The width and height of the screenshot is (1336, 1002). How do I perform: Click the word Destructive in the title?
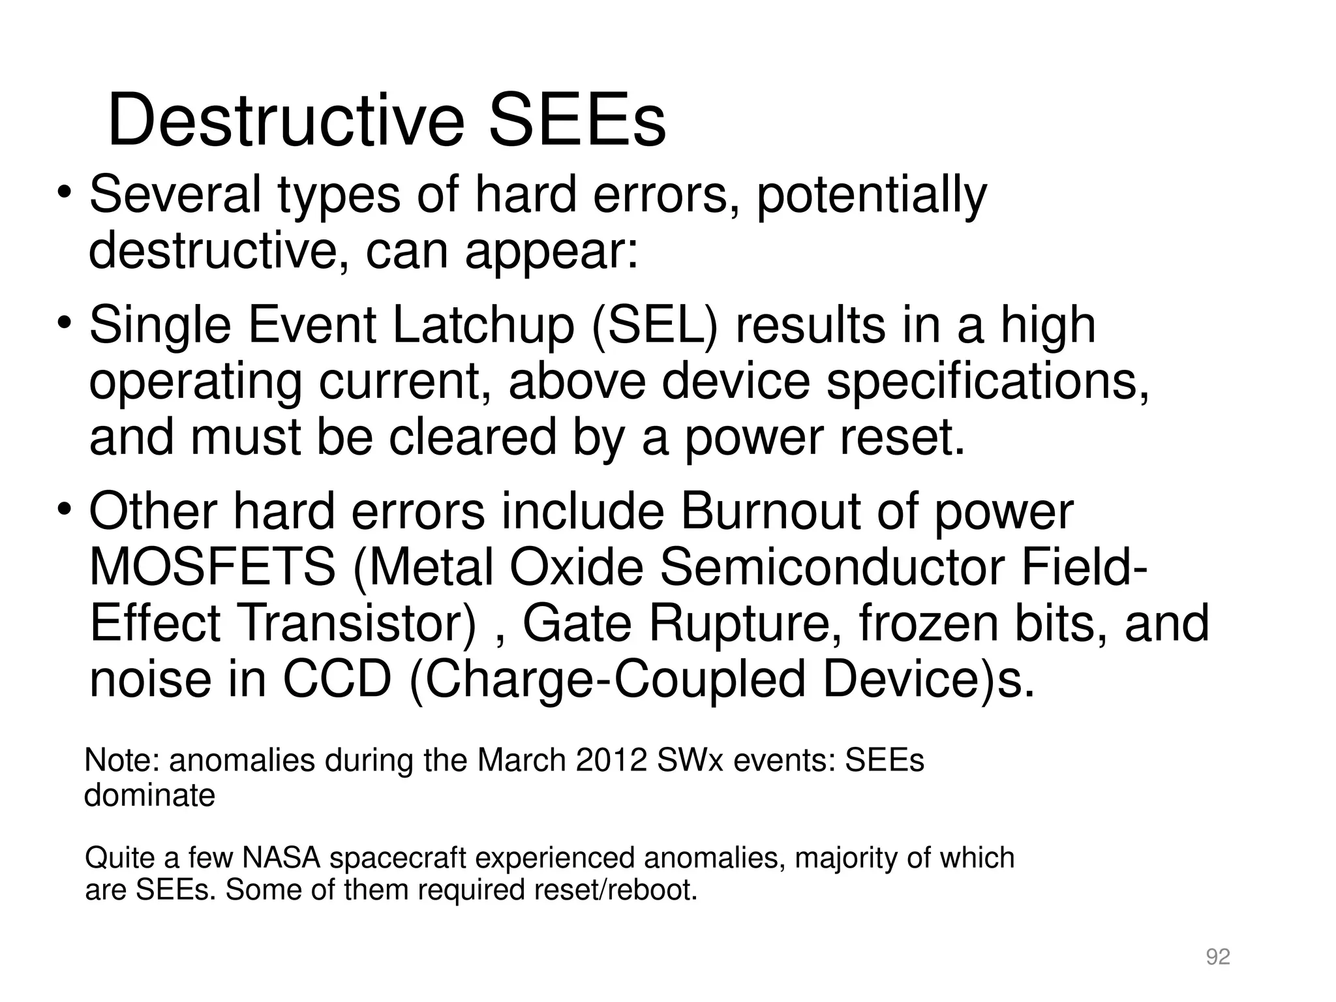286,122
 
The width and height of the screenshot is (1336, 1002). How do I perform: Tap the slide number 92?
1218,957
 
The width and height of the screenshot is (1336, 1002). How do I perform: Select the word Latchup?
483,326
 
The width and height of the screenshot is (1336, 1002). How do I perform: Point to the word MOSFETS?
212,568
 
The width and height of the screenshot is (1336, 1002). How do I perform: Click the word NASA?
281,858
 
